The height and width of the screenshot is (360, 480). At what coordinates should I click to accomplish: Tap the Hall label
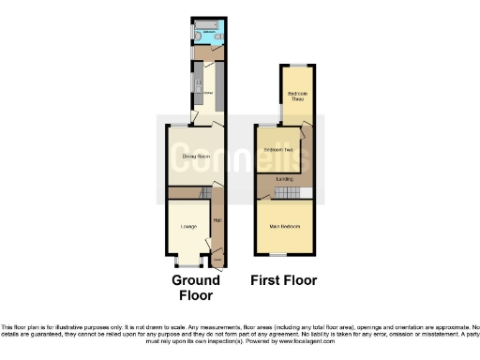pyautogui.click(x=217, y=220)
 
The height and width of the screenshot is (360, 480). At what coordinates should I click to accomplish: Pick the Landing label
pyautogui.click(x=284, y=178)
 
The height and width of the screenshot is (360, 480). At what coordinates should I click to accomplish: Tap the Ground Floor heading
pyautogui.click(x=196, y=287)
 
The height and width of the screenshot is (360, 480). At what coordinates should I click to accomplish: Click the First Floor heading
pyautogui.click(x=283, y=280)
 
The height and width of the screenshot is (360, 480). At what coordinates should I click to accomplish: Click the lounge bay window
pyautogui.click(x=183, y=261)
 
